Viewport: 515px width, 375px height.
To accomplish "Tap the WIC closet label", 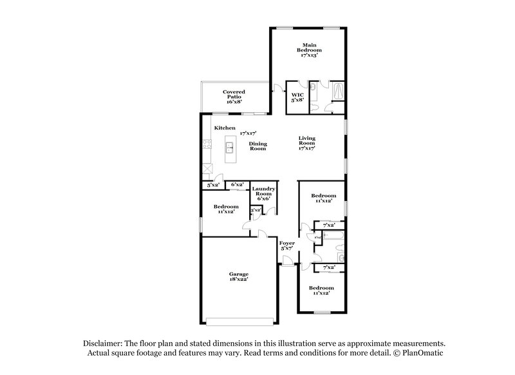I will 297,97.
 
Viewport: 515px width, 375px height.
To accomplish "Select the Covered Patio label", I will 233,97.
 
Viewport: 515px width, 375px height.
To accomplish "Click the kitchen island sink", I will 230,149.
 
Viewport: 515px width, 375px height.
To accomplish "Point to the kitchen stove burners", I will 207,147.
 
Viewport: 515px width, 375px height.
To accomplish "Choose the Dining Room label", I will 258,146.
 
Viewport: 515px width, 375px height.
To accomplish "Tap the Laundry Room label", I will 264,194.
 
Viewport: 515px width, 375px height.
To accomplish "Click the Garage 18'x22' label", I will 239,276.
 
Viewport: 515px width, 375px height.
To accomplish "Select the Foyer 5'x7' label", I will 286,245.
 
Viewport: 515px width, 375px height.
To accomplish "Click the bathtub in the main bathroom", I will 336,91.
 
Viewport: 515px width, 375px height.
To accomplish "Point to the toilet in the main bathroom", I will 313,87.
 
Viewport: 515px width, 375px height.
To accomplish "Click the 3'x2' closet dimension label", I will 256,209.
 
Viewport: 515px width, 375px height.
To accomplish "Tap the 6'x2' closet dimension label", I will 236,185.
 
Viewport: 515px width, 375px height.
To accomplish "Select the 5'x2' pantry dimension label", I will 212,186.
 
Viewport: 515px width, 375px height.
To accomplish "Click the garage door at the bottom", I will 239,320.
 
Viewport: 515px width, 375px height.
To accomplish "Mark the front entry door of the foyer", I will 288,260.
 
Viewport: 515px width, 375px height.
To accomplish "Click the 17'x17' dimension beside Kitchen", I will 248,132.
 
